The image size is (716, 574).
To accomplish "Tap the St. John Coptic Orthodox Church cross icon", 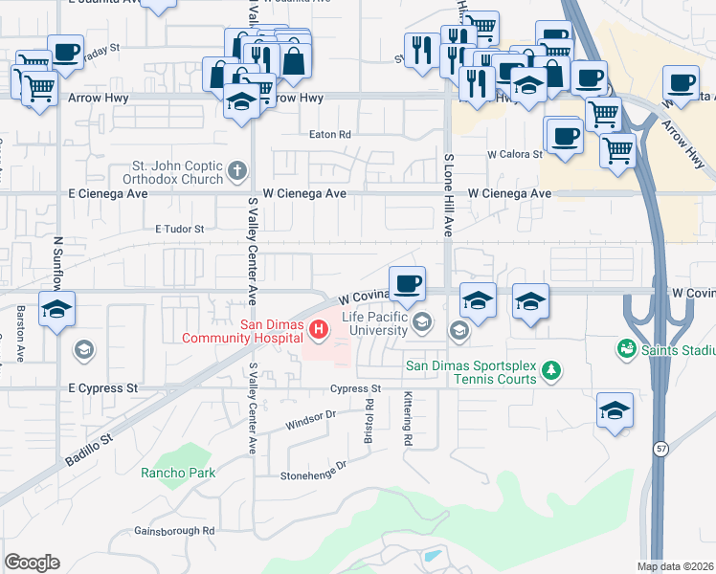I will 238,173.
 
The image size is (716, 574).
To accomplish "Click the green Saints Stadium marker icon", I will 628,348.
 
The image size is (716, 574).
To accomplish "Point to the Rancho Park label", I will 178,472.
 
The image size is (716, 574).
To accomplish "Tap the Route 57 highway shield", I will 660,448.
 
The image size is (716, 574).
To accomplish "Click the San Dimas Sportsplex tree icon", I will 550,369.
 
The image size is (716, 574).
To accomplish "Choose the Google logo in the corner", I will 32,563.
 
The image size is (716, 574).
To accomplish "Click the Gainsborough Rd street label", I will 174,530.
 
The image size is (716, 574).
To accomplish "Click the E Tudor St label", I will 180,229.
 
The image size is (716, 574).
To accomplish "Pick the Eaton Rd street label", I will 329,135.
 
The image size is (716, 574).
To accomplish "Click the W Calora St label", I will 515,153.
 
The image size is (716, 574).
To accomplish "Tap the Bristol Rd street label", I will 368,416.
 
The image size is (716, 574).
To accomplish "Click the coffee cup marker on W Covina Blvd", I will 408,282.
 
